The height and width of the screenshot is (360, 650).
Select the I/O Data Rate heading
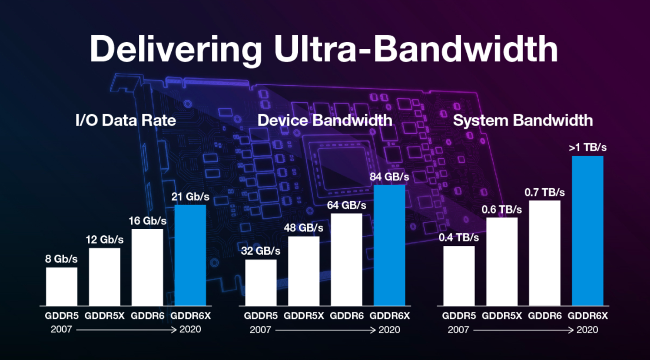point(126,120)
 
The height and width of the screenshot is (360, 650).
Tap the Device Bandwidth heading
point(325,120)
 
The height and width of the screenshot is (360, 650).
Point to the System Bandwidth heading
point(523,120)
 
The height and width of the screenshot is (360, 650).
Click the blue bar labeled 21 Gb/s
point(190,255)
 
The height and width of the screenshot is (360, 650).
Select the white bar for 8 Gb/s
point(61,286)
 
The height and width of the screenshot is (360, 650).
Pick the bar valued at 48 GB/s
point(303,271)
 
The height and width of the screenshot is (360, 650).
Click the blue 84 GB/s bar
point(389,245)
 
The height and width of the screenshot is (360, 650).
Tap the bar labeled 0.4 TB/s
point(459,276)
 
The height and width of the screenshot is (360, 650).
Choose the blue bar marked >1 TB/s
point(587,230)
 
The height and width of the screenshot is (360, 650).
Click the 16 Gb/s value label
point(148,221)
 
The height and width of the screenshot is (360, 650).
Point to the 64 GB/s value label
point(347,205)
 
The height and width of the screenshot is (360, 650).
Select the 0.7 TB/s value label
point(545,192)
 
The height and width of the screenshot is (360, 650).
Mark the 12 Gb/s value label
point(105,240)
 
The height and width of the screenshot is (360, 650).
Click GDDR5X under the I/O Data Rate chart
point(105,316)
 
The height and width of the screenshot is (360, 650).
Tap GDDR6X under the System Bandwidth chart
point(588,316)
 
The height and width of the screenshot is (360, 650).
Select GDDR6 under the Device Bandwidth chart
point(347,316)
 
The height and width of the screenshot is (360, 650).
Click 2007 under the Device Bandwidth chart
point(260,330)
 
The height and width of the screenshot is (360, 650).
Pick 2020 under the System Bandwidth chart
point(587,330)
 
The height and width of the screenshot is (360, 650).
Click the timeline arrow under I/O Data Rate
point(126,330)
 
